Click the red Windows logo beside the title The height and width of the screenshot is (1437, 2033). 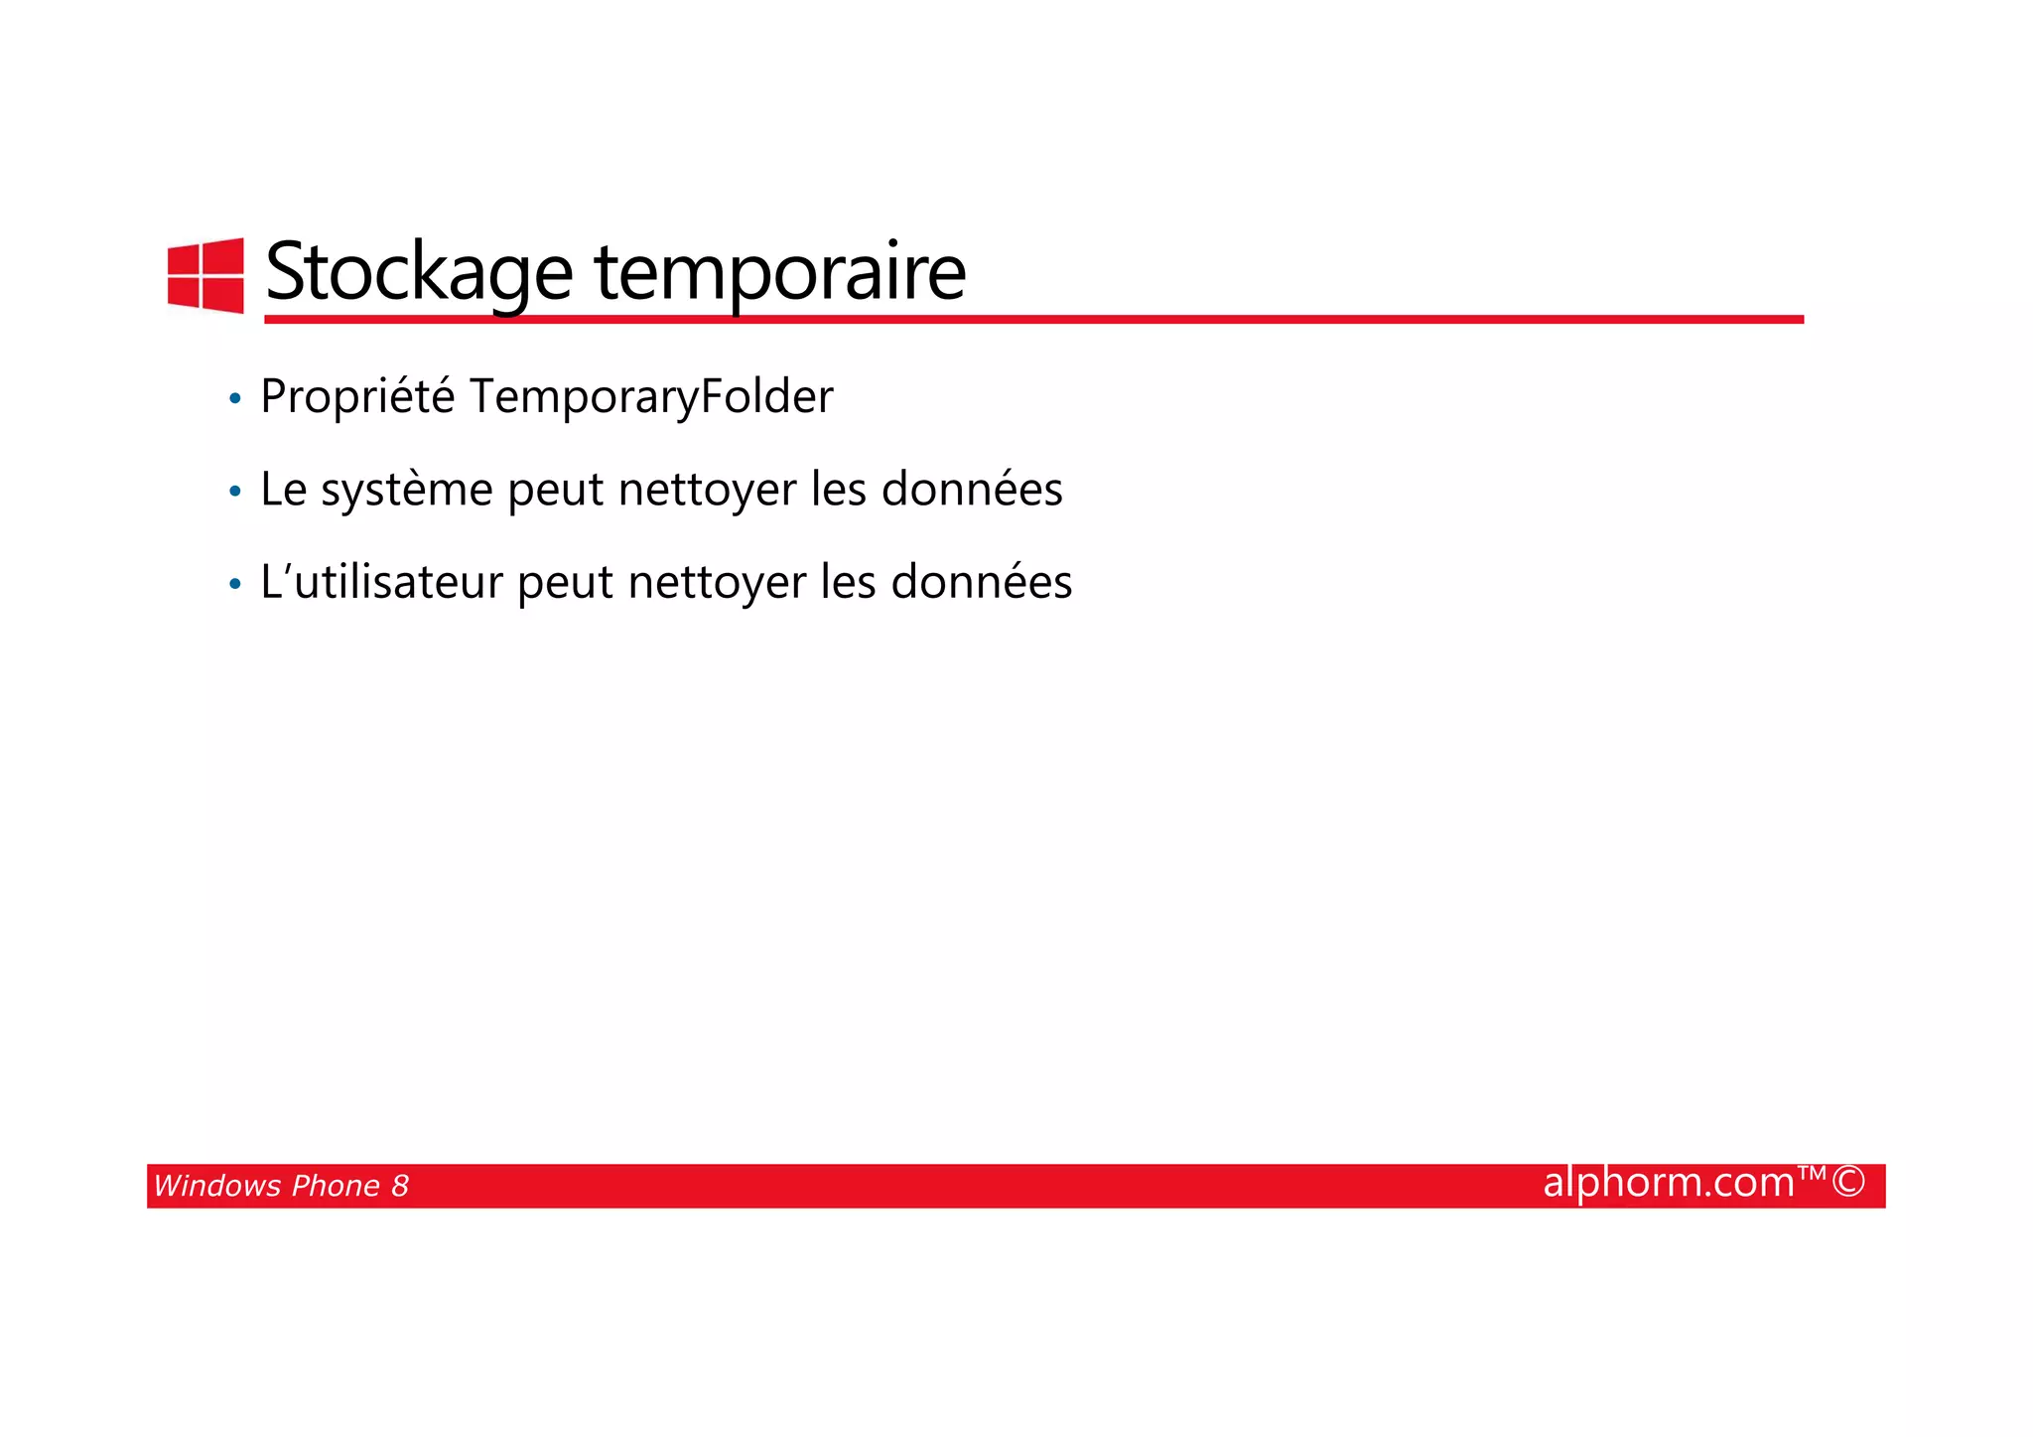click(205, 275)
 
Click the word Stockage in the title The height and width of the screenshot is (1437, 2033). click(419, 272)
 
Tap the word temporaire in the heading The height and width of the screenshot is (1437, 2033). click(779, 272)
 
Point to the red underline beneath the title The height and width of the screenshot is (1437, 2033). click(1032, 319)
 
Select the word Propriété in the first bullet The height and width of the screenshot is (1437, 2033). click(357, 397)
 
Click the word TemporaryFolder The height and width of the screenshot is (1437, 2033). click(650, 397)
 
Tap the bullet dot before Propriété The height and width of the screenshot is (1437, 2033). click(235, 399)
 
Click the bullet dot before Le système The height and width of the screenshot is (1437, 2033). click(235, 492)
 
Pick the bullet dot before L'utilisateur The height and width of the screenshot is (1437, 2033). click(235, 584)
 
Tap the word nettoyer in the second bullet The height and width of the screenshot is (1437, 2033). click(707, 490)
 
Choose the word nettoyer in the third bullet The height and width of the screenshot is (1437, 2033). click(717, 582)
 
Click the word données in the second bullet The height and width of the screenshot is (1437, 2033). click(972, 490)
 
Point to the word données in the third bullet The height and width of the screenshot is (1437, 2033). click(982, 582)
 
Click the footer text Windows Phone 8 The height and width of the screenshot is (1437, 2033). click(281, 1186)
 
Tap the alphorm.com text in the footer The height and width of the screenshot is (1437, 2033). click(1669, 1183)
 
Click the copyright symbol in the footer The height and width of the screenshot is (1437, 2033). click(1847, 1183)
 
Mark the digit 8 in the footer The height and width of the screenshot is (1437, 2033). click(400, 1186)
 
